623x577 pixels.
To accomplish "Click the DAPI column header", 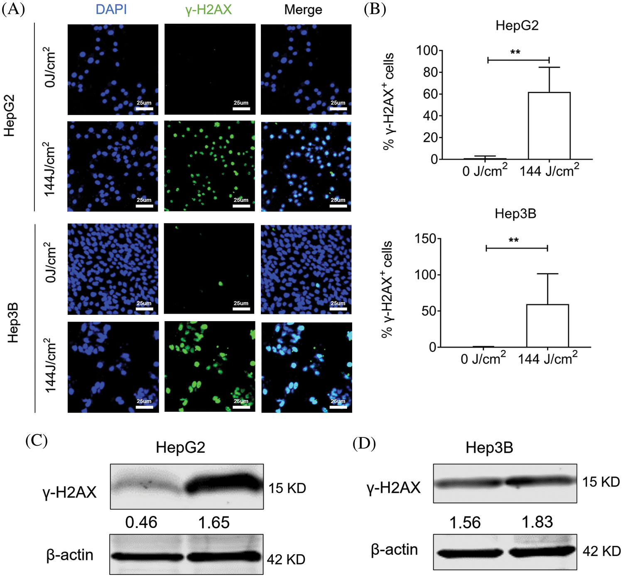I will (111, 9).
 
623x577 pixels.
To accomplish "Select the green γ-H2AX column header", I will (208, 9).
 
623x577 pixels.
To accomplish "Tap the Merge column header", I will (303, 10).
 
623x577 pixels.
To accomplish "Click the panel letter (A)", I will (13, 9).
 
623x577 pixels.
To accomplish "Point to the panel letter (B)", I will (375, 9).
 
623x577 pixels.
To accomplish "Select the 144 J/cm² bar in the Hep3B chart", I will (547, 326).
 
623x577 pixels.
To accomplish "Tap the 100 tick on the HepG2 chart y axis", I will (427, 51).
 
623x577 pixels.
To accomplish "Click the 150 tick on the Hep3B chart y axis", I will (426, 239).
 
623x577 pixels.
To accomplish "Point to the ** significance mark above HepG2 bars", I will (515, 53).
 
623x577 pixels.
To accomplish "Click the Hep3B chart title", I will (515, 214).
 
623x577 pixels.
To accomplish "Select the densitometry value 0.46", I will (141, 522).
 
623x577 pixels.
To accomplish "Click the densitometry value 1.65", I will (214, 522).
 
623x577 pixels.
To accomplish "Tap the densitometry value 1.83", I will (537, 522).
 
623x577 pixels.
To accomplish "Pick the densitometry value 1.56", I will (465, 522).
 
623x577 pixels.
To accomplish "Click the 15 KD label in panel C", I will (287, 488).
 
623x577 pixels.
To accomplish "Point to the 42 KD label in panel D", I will (601, 551).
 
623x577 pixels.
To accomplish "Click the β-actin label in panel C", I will (70, 555).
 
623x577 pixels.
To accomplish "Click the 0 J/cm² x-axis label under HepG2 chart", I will (485, 170).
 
